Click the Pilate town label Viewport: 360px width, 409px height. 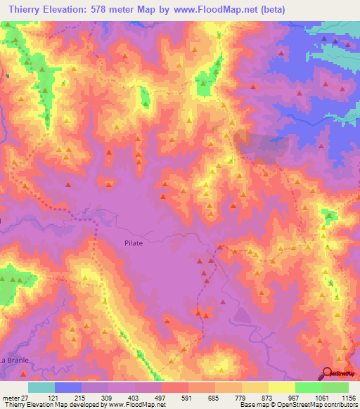pos(134,242)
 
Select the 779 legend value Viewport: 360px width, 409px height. pos(241,397)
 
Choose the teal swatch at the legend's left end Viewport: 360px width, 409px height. pos(41,387)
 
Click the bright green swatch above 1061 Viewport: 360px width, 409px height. pos(308,387)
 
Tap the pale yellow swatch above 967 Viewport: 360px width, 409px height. pos(281,387)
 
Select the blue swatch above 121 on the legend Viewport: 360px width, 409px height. pos(68,387)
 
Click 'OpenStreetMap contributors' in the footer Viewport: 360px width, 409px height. pos(317,405)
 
